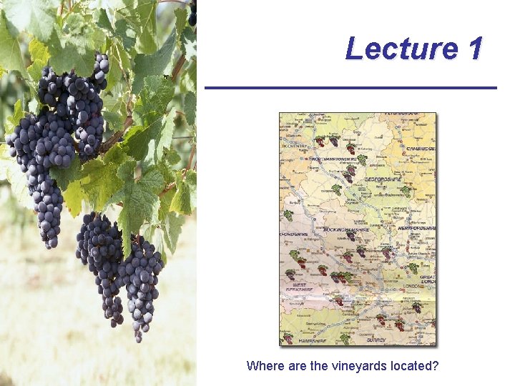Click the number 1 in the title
click(x=475, y=49)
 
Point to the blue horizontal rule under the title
click(x=350, y=88)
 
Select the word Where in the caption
click(x=264, y=366)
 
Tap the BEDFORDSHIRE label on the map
click(x=385, y=179)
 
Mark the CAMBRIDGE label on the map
click(x=422, y=149)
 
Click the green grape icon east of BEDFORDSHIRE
click(x=405, y=191)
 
